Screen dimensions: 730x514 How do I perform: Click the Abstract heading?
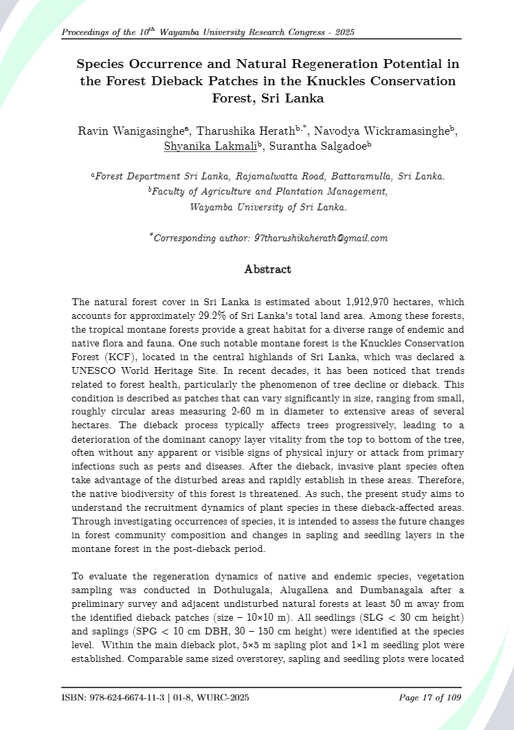[267, 269]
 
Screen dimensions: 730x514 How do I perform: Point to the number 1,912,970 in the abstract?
[346, 302]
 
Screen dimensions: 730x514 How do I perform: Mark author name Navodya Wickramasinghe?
[382, 131]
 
